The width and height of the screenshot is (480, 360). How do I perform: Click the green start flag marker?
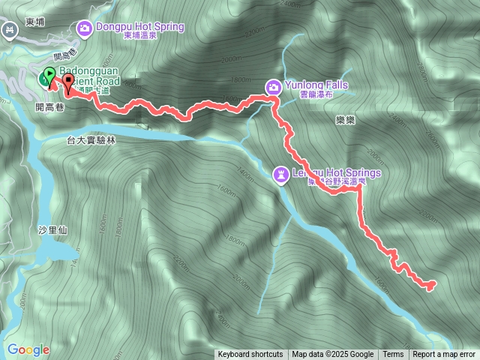coord(49,76)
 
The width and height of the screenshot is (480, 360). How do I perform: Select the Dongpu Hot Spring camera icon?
coord(85,28)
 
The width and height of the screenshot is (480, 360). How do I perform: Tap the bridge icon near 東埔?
coord(10,31)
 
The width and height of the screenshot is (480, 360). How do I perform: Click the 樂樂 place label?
coord(345,118)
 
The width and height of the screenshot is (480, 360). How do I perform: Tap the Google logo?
coord(28,349)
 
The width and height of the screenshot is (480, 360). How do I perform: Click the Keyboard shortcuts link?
coord(250,355)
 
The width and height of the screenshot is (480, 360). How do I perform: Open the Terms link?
coord(393,355)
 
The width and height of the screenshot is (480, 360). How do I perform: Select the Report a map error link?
coord(444,355)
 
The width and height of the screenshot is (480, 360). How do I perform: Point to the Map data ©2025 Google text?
coord(332,355)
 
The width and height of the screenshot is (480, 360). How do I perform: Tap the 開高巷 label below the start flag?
coord(49,106)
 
